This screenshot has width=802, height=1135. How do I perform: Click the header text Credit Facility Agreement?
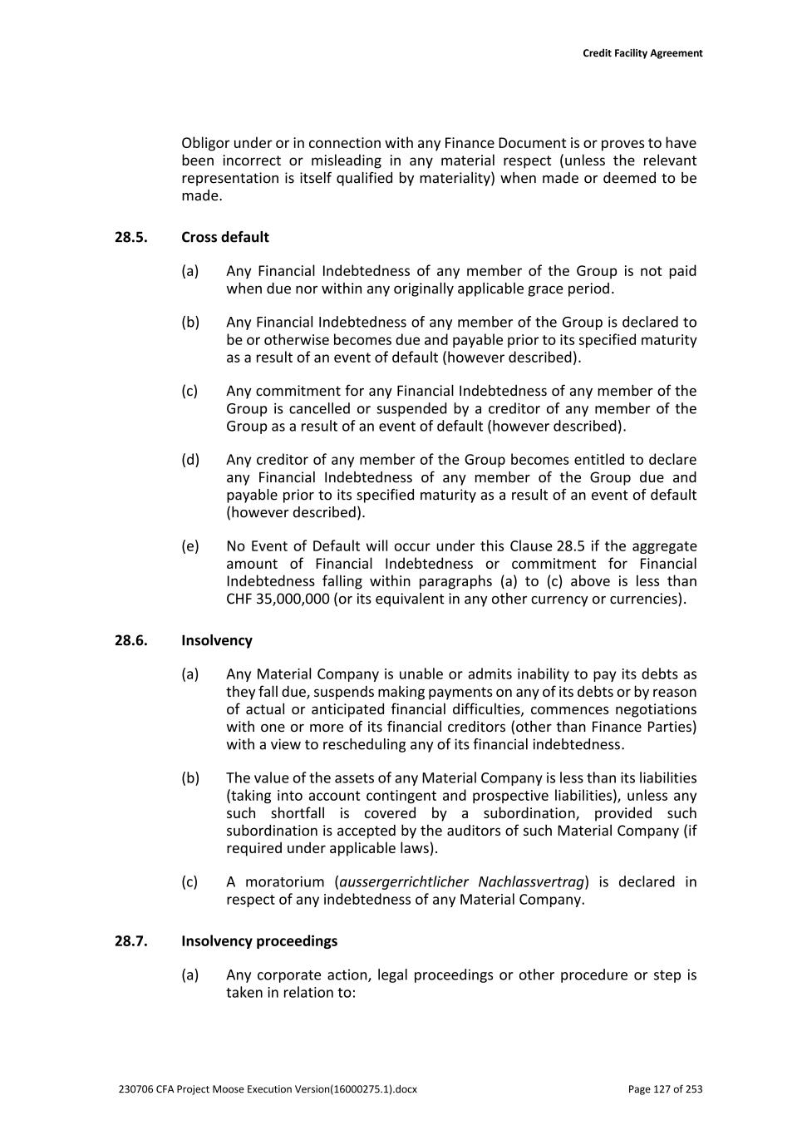click(642, 53)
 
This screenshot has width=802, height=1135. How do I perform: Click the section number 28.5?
click(130, 237)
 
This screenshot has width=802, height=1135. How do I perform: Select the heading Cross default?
click(225, 237)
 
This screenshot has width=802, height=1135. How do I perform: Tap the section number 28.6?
click(130, 640)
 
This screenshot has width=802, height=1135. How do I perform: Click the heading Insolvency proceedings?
click(259, 941)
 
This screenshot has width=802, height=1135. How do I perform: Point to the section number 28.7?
click(130, 941)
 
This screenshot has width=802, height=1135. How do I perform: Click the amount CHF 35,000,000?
click(278, 599)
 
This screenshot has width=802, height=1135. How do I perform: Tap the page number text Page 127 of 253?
click(665, 1089)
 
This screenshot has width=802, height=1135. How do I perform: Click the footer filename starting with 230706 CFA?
click(268, 1089)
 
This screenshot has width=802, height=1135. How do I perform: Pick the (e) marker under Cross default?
click(190, 546)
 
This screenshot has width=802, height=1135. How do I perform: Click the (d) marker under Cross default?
click(190, 460)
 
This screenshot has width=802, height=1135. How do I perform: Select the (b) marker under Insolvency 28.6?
click(190, 778)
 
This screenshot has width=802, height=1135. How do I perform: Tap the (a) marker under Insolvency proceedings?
click(190, 975)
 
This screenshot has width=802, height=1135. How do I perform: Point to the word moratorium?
click(284, 882)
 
